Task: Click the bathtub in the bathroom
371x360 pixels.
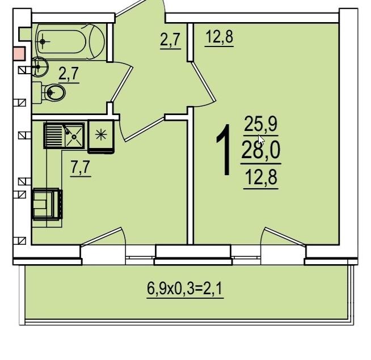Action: (x=70, y=42)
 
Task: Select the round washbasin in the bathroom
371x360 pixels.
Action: (x=40, y=67)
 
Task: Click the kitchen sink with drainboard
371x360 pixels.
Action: (x=64, y=135)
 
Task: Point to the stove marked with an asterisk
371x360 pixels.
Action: (x=101, y=137)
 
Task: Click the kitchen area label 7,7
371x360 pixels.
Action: (x=81, y=167)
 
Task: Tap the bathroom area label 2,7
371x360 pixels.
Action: (x=69, y=74)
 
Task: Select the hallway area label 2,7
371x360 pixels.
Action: (x=170, y=40)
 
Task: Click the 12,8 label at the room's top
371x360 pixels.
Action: (x=220, y=37)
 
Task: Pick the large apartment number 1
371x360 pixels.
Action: (x=224, y=150)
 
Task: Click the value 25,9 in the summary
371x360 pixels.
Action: (x=260, y=124)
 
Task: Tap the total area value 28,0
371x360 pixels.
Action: (x=261, y=150)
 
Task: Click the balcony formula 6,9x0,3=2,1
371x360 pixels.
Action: (x=185, y=289)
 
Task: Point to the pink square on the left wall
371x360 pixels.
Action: (x=19, y=54)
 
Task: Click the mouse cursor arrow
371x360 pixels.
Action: (x=261, y=140)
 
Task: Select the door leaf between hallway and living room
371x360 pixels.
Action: (x=203, y=82)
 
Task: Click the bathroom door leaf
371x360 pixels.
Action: (x=122, y=84)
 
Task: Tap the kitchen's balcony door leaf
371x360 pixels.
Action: (x=102, y=237)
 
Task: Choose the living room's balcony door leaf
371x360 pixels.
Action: (x=285, y=237)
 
